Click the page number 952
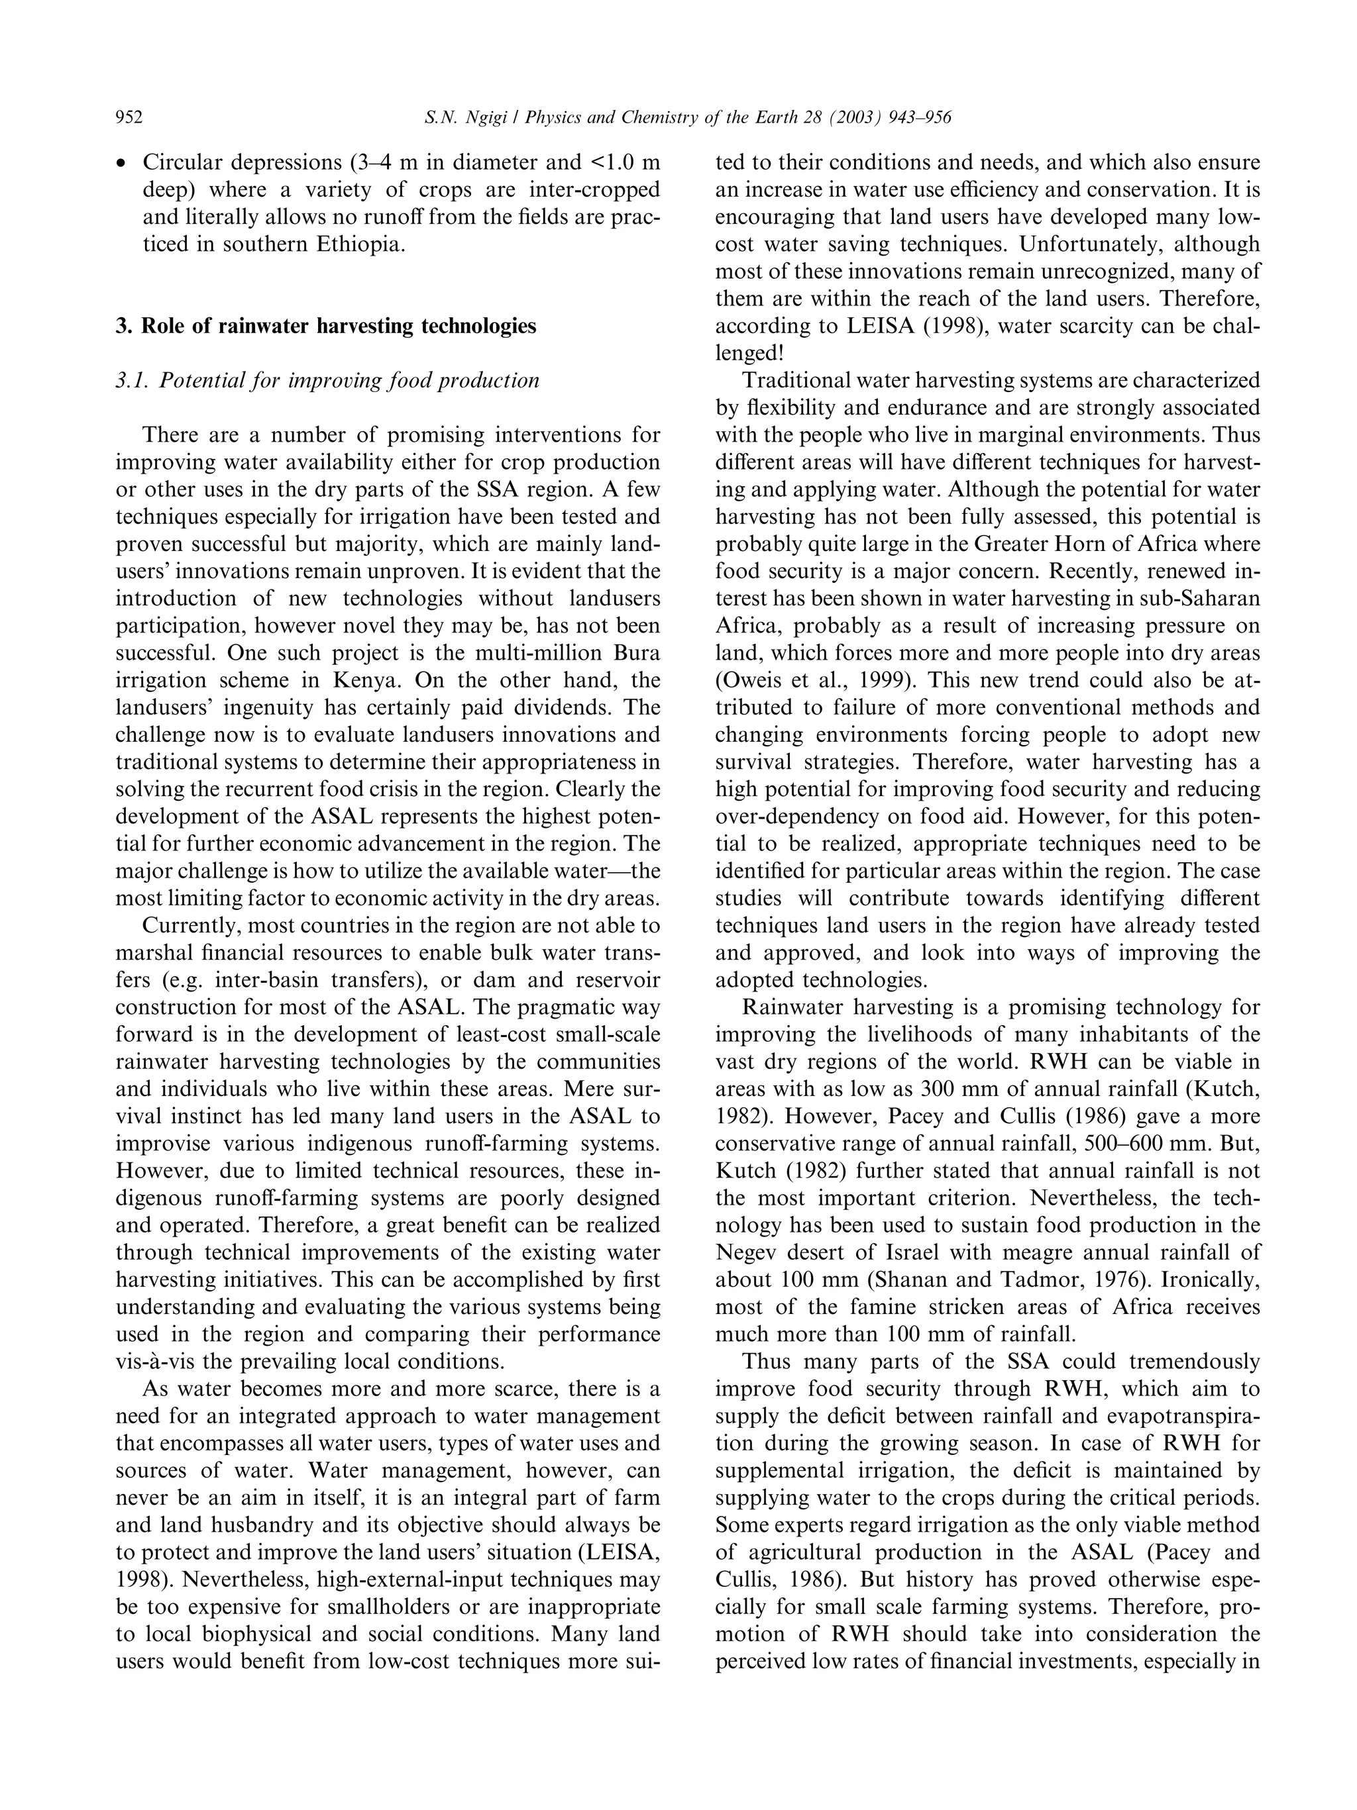tap(129, 119)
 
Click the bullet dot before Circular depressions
tap(121, 164)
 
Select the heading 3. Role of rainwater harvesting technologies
tap(326, 327)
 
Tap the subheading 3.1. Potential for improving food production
tap(327, 381)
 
